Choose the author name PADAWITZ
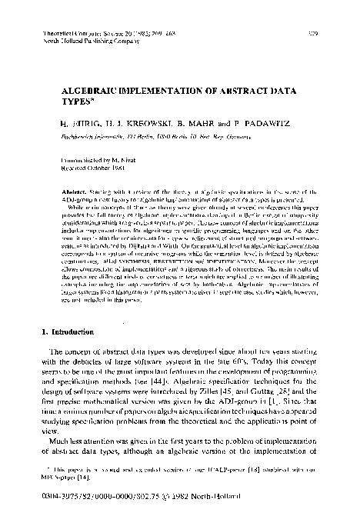click(251, 121)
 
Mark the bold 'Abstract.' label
click(66, 189)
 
